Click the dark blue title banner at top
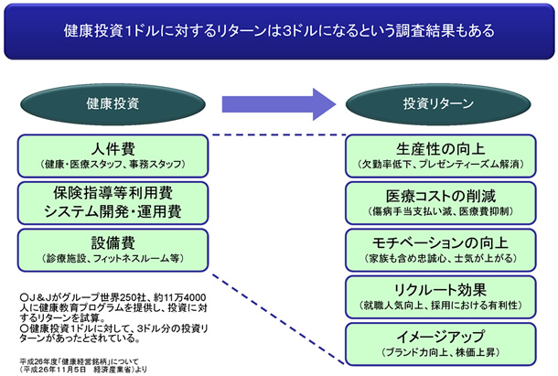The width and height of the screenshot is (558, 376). point(279,31)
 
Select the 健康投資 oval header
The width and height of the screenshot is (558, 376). point(115,104)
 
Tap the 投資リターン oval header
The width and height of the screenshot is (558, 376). point(435,104)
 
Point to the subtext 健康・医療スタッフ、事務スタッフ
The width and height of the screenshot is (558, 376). point(115,164)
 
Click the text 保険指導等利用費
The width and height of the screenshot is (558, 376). point(115,194)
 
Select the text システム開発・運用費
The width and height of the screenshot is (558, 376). point(115,211)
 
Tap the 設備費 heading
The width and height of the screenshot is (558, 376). point(115,243)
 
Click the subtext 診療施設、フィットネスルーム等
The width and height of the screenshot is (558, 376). point(115,259)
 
